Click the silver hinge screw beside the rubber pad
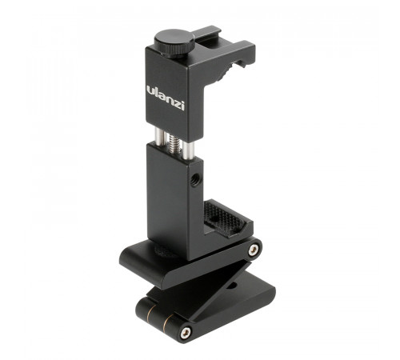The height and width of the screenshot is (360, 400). click(x=254, y=250)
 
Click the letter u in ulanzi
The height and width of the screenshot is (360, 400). click(x=150, y=90)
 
